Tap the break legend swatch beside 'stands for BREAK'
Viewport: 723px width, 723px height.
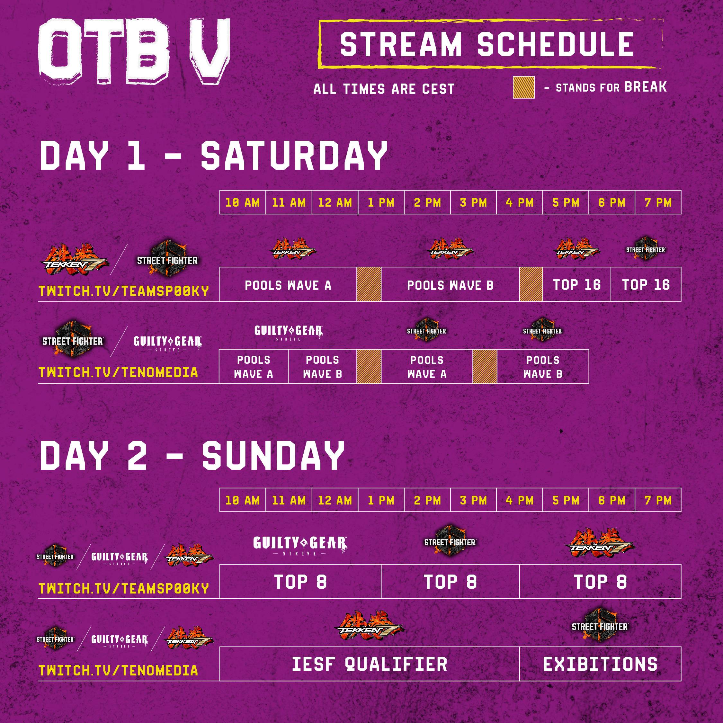click(523, 88)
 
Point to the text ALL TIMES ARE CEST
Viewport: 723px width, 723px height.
click(384, 89)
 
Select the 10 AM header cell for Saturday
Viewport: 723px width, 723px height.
click(243, 202)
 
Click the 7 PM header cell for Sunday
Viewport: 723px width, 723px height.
click(658, 500)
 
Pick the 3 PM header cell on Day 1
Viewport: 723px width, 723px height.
click(473, 202)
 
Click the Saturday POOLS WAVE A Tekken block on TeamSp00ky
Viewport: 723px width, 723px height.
click(288, 285)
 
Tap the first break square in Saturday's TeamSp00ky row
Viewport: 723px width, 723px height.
click(369, 284)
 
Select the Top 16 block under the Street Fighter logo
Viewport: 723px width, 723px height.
click(646, 284)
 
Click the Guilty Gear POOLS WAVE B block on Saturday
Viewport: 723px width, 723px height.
click(322, 366)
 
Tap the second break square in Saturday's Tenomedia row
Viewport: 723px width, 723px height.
click(485, 366)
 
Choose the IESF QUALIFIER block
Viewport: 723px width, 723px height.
click(369, 664)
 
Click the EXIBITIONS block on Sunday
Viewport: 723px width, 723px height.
click(600, 664)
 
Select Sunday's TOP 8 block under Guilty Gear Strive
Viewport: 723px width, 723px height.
click(300, 582)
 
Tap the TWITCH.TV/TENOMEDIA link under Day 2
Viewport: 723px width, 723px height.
click(118, 670)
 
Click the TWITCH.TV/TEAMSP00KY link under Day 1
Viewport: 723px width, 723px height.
click(124, 291)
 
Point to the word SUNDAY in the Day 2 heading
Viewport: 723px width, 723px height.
click(273, 455)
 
